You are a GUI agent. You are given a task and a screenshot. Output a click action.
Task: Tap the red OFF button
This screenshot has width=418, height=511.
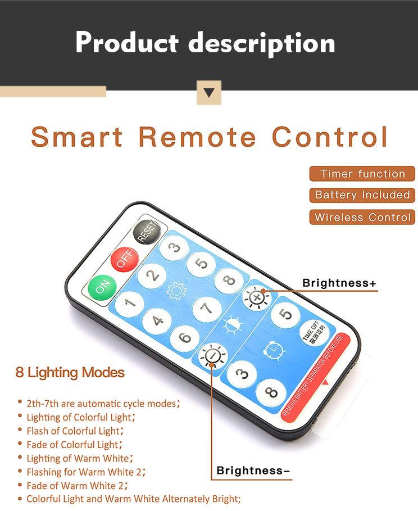click(125, 259)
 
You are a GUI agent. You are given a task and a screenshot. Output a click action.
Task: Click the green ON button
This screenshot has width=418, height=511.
click(102, 288)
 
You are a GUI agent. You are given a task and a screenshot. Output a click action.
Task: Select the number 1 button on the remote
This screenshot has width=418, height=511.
click(130, 304)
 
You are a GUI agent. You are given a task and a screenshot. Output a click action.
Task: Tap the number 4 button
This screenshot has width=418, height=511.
click(157, 322)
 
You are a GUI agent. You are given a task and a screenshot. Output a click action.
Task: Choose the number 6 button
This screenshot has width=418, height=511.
click(185, 338)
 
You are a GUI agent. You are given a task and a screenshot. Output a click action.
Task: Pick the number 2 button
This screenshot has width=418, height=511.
click(152, 275)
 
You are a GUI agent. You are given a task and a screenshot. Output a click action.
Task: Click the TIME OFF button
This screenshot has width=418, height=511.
click(314, 333)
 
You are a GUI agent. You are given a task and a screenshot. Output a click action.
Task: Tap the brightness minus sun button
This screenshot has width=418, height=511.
click(213, 355)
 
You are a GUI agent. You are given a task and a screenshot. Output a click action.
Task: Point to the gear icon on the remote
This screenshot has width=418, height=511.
click(176, 291)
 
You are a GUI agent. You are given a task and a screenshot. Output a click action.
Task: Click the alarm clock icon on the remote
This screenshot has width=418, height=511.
click(274, 351)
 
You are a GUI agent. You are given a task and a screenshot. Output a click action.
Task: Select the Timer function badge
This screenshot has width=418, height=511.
click(362, 174)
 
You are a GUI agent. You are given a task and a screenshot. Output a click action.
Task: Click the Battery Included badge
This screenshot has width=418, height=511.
click(362, 195)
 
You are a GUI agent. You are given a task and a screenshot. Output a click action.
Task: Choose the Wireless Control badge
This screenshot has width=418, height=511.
click(362, 217)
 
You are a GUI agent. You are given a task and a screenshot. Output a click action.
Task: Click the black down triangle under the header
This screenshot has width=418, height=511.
click(209, 93)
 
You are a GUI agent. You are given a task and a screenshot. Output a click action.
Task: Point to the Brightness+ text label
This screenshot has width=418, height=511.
click(339, 283)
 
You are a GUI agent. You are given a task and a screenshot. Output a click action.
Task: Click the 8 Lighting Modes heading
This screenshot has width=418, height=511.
click(70, 373)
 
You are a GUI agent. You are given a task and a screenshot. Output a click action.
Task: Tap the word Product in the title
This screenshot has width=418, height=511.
click(127, 43)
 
